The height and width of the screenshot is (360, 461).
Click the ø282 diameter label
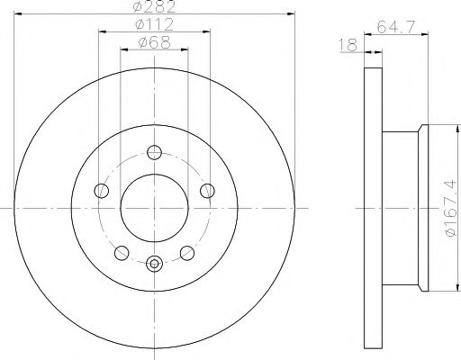point(153,7)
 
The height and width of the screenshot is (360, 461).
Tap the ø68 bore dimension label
point(153,43)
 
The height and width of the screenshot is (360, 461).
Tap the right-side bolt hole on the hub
point(208,190)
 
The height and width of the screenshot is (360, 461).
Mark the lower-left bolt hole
point(122,251)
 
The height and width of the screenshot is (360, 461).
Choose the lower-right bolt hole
point(186,251)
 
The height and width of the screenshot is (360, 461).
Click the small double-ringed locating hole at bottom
point(154,264)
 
